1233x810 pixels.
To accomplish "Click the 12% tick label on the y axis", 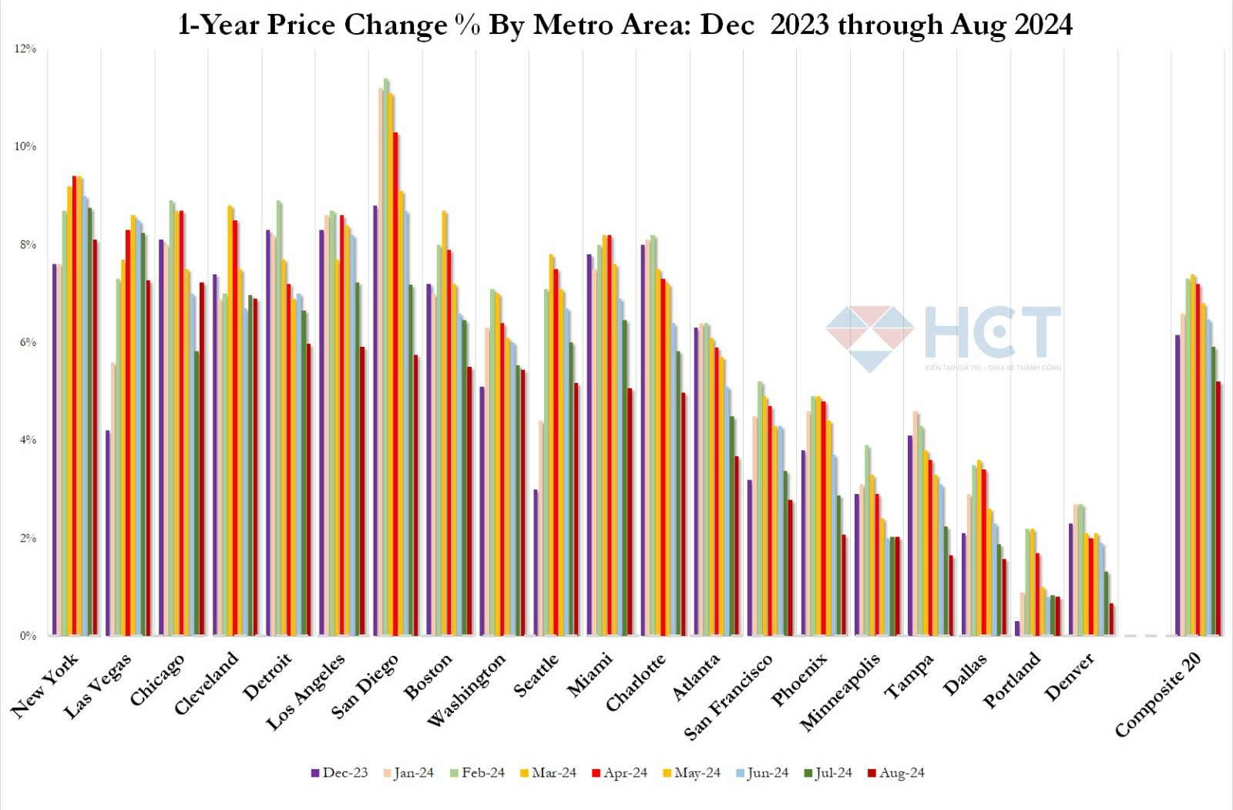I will (25, 49).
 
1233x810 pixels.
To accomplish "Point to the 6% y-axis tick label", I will (28, 342).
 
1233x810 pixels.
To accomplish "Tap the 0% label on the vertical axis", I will (28, 636).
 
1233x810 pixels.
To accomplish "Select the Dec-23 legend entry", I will (339, 773).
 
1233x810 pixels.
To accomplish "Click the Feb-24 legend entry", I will (477, 773).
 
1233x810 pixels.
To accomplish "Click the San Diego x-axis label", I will (366, 686).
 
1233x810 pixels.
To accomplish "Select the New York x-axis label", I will (45, 686).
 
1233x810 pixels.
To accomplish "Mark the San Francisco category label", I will (729, 697).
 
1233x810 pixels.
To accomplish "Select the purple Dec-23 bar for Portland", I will (1017, 628).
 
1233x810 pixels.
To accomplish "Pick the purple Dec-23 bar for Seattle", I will (536, 563).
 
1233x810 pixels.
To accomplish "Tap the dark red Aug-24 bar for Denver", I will (1111, 620).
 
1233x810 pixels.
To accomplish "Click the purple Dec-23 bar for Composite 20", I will (1178, 486).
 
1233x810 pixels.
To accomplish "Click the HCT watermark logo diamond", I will (870, 338).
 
